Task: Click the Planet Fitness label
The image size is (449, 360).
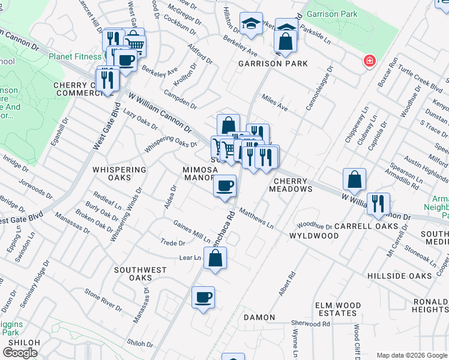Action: tap(75, 57)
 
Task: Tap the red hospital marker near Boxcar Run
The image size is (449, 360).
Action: tap(369, 61)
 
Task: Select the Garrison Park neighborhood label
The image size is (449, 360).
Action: tap(273, 64)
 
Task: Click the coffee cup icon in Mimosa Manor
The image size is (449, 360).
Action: tap(225, 185)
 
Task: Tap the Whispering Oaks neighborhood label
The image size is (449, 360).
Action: tap(119, 170)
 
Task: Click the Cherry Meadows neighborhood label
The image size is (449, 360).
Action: tap(294, 185)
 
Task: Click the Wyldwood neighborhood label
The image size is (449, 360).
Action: tap(314, 236)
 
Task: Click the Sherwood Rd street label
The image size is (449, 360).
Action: tap(310, 324)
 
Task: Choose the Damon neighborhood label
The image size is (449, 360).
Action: tap(259, 317)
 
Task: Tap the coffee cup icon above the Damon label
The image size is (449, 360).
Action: tap(203, 296)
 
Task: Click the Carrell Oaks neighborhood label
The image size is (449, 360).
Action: tap(366, 226)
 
